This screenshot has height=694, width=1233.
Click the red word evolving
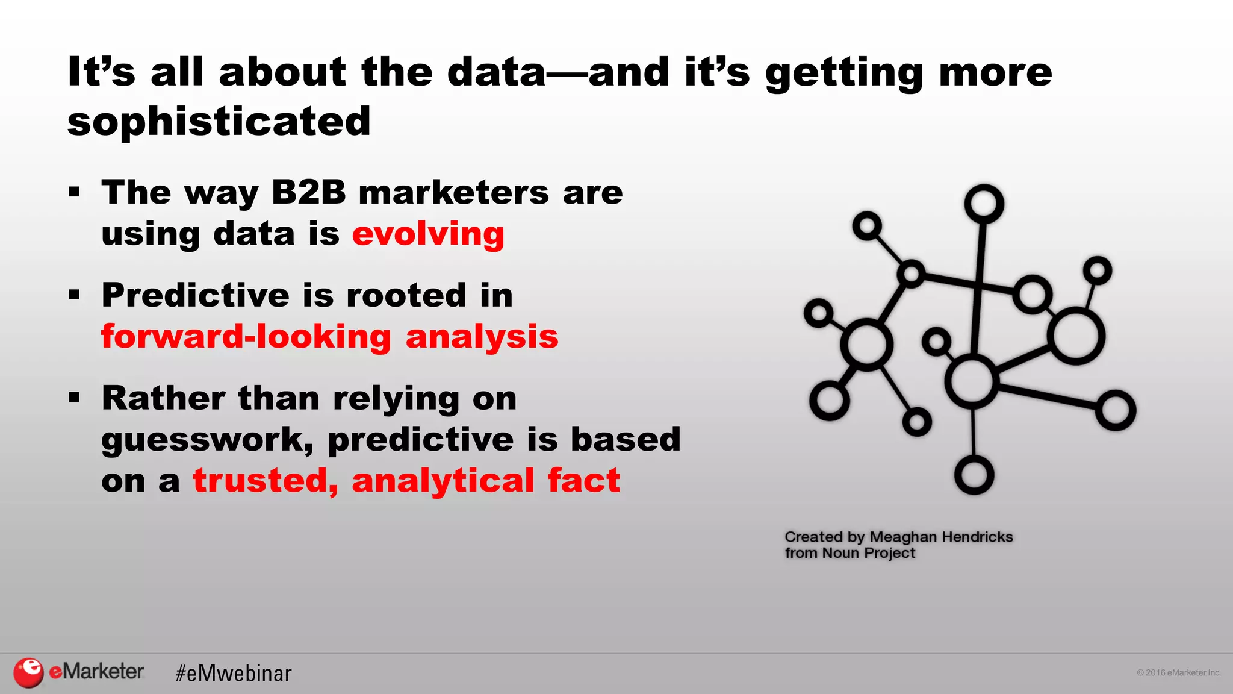(428, 234)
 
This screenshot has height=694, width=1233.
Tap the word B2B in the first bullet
(308, 192)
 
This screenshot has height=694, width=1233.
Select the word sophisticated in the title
(219, 121)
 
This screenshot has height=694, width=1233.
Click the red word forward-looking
(246, 336)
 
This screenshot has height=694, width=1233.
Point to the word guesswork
(207, 440)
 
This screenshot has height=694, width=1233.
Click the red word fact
(583, 481)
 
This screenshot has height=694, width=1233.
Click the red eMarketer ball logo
(28, 672)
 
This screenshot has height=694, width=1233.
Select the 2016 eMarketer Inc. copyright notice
(1178, 673)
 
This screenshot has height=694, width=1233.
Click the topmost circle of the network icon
(984, 204)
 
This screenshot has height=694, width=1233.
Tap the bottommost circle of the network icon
(974, 475)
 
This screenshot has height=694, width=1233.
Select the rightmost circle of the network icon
(1116, 410)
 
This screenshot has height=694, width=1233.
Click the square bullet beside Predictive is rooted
(74, 295)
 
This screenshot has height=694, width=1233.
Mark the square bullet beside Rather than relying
(74, 398)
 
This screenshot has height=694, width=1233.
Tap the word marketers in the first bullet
(453, 192)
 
